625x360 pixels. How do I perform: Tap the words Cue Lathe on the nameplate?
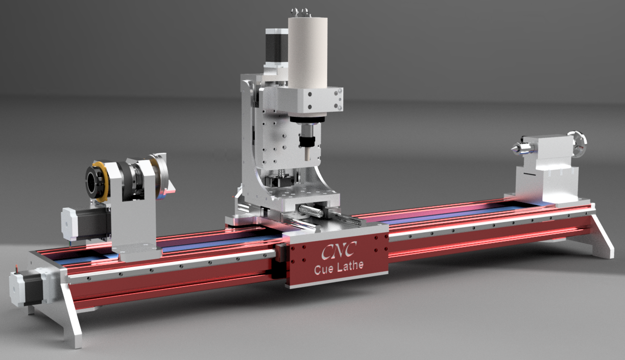click(x=339, y=269)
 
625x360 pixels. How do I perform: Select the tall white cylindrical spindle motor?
click(x=307, y=51)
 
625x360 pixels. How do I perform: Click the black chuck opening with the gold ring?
click(x=96, y=181)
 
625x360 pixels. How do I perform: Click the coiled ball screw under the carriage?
click(x=311, y=211)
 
